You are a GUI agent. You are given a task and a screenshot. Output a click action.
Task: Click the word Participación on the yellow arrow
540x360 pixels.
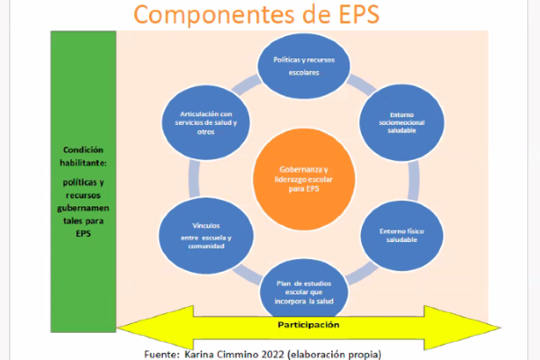(x=309, y=324)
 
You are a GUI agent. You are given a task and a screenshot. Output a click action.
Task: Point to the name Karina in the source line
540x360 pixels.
(x=205, y=353)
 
